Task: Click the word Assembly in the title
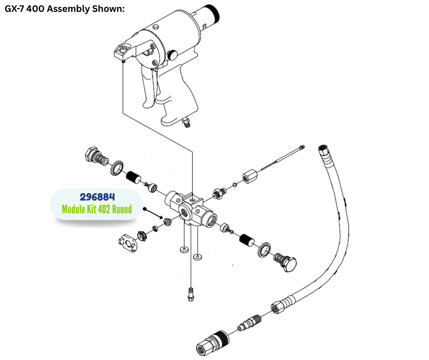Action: [70, 9]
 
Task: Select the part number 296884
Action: [97, 197]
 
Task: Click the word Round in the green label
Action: [120, 210]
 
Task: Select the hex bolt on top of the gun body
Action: [156, 28]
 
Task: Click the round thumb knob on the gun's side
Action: [172, 54]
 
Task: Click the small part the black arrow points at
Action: [167, 222]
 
